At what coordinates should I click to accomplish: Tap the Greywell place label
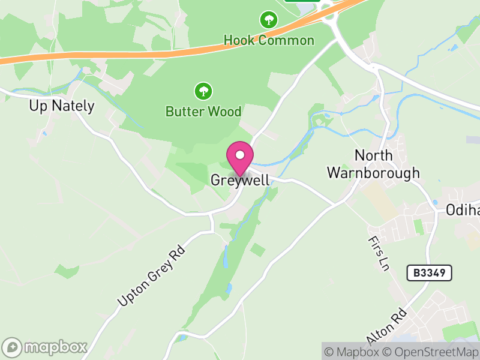(x=240, y=180)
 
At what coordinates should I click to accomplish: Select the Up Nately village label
(x=62, y=106)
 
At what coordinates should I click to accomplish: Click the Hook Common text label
(x=269, y=40)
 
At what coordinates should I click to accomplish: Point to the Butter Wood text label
(x=203, y=112)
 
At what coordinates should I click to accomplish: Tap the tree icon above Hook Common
(x=268, y=20)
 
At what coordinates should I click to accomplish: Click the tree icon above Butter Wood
(x=203, y=91)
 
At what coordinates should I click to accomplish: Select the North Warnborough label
(x=373, y=164)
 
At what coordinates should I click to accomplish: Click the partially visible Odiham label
(x=463, y=210)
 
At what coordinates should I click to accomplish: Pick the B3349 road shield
(x=429, y=273)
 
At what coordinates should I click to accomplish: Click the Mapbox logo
(x=45, y=347)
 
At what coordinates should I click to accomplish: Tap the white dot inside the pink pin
(x=240, y=155)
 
